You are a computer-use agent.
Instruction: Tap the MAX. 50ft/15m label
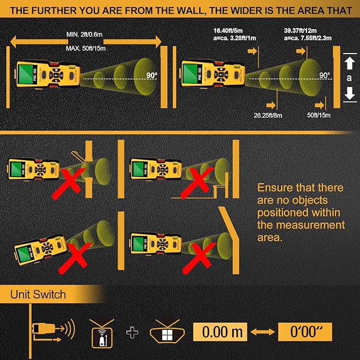pyautogui.click(x=86, y=48)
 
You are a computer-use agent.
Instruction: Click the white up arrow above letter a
pyautogui.click(x=349, y=63)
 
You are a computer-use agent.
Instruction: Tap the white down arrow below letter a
pyautogui.click(x=349, y=94)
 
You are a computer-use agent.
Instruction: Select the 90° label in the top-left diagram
pyautogui.click(x=153, y=75)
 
